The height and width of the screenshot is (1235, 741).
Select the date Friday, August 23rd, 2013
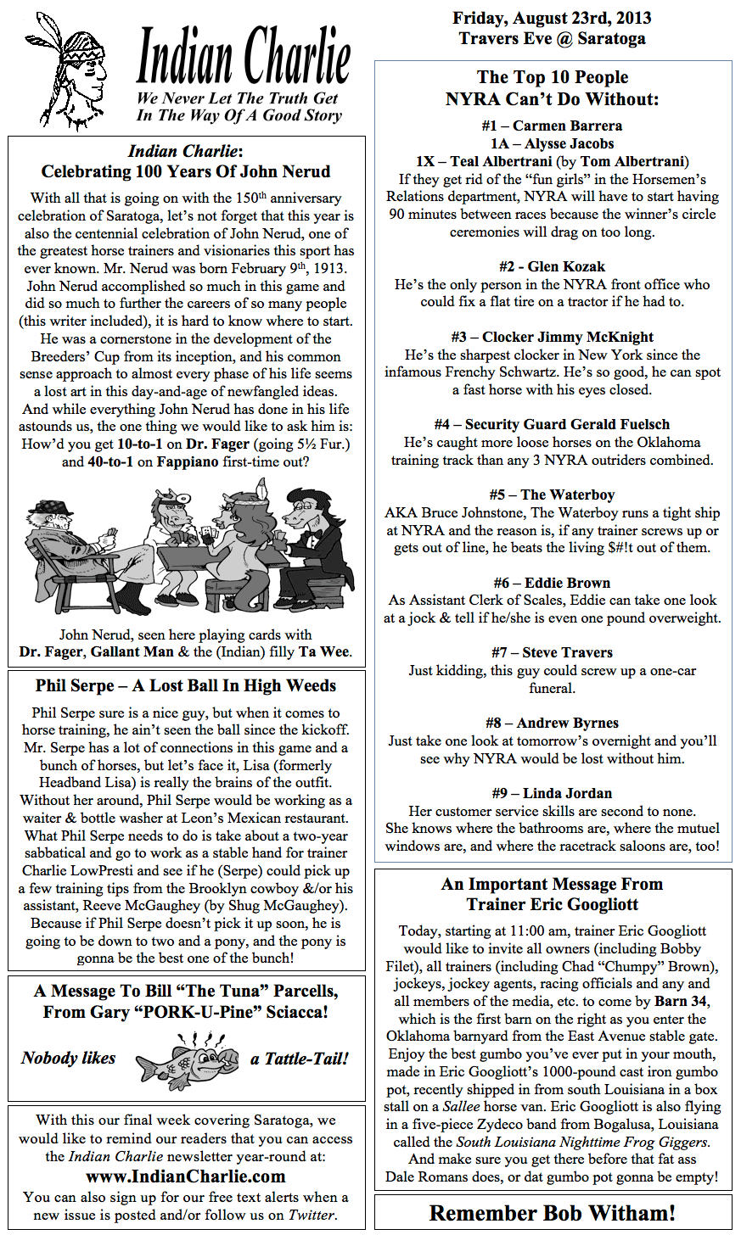552,18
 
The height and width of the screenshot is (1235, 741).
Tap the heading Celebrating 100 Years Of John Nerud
186,171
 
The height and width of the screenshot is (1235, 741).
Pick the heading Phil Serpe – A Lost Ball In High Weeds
186,686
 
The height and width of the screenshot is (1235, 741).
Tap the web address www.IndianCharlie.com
186,1176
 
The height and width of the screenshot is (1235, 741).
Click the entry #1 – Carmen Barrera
552,126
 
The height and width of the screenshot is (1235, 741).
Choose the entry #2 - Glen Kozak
552,266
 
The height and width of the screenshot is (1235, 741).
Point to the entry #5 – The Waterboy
552,495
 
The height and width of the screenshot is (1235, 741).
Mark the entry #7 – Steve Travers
552,652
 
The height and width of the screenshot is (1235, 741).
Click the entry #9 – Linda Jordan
552,793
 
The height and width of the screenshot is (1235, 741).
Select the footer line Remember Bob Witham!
552,1213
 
